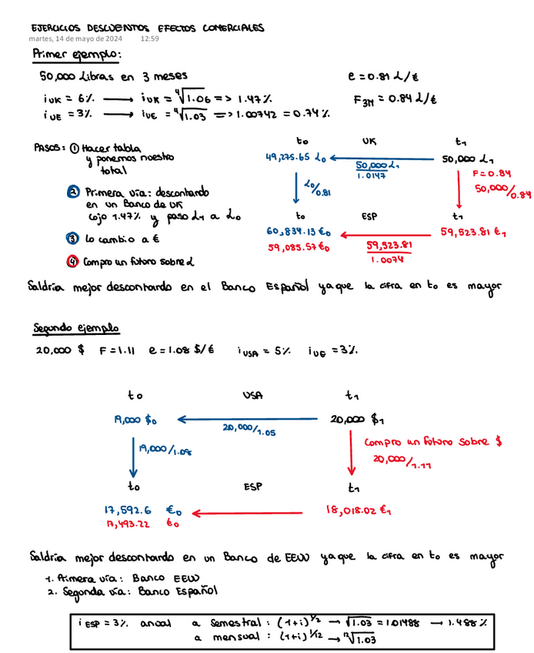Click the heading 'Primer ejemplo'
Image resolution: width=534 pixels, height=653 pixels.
[76, 55]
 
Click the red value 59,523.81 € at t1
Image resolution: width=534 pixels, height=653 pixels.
[471, 230]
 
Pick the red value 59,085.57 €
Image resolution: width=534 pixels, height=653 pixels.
[298, 248]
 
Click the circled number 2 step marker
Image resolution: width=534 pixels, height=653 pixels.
[72, 192]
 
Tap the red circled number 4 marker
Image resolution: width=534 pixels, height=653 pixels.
[72, 261]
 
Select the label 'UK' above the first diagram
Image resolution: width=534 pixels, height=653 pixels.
[369, 142]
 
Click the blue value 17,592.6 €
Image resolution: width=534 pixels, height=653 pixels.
[142, 509]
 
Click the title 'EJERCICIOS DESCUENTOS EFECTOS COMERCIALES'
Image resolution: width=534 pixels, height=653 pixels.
[148, 28]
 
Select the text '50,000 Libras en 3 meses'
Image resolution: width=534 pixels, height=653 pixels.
[113, 76]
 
